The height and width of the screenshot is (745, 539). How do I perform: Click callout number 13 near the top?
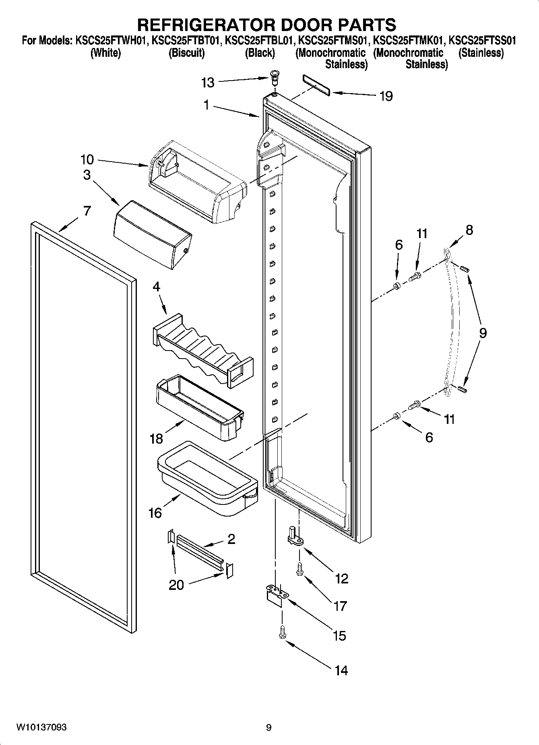click(x=208, y=83)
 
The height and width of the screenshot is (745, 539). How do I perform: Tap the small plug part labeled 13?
click(x=275, y=76)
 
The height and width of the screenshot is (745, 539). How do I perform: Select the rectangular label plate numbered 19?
click(x=316, y=85)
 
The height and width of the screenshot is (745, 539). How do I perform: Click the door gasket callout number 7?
click(x=87, y=211)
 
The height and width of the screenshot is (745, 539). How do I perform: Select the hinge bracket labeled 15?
click(x=277, y=594)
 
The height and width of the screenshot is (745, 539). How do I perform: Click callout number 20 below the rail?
click(x=176, y=585)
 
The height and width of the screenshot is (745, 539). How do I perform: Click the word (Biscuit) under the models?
click(x=186, y=53)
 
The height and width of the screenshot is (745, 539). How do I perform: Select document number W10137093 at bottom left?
click(x=41, y=727)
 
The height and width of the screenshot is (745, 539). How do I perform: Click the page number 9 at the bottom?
click(x=268, y=727)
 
